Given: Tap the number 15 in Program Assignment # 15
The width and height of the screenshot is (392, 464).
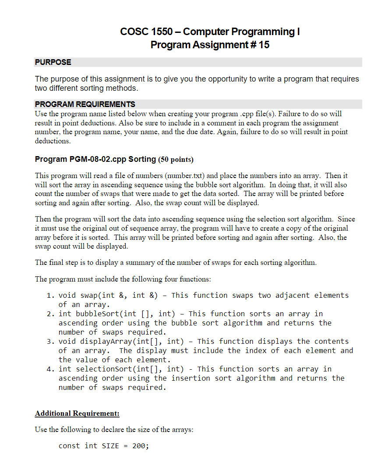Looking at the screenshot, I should [264, 45].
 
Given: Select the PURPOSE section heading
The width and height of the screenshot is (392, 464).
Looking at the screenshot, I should [53, 62].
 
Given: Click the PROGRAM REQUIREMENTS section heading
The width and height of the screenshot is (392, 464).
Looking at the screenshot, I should [85, 104].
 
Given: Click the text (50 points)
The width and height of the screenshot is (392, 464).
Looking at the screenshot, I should [175, 159].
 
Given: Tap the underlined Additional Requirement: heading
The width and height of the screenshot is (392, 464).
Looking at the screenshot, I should [77, 414].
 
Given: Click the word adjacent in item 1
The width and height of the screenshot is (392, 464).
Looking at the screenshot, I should [292, 295].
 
